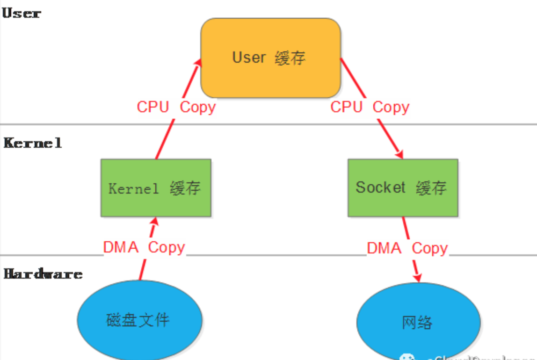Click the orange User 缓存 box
[x=270, y=58]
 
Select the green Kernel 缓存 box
[x=156, y=188]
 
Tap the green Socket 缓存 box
[x=402, y=188]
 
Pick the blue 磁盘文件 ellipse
[x=139, y=320]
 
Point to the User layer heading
[x=22, y=13]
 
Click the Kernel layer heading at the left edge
[x=33, y=143]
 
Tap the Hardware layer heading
[x=43, y=274]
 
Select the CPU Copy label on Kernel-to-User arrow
[x=176, y=107]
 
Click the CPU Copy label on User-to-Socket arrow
[x=370, y=107]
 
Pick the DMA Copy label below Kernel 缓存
[x=144, y=247]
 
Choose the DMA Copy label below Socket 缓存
[x=407, y=248]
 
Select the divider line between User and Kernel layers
[x=281, y=124]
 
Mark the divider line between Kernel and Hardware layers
[x=281, y=255]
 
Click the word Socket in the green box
[x=380, y=187]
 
